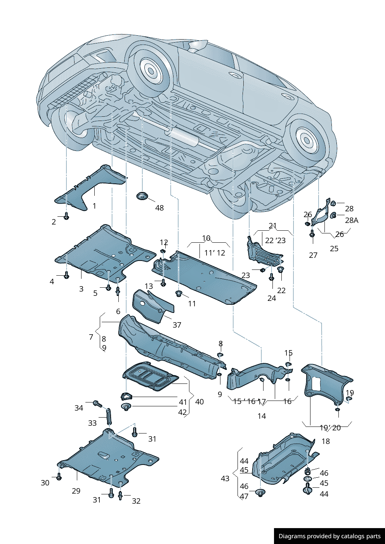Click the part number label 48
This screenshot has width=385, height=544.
point(160,208)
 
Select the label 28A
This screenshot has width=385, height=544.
point(352,220)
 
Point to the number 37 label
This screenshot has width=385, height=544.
point(177,325)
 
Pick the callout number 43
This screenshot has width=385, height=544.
point(225,478)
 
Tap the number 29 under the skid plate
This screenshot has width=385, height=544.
point(76,491)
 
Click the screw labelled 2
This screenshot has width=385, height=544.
point(66,216)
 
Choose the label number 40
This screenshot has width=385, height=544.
point(199,402)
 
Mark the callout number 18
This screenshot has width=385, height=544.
point(326,441)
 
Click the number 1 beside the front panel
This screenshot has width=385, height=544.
point(94,206)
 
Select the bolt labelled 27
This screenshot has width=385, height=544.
point(312,234)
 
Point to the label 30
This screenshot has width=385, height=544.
point(45,483)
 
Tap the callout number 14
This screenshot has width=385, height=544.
point(262,416)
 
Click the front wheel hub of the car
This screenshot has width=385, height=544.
point(151,71)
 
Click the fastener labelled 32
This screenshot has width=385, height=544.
point(120,495)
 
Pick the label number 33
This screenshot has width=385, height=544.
point(92,423)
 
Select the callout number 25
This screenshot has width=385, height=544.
point(334,249)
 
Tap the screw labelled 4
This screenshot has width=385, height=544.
point(66,276)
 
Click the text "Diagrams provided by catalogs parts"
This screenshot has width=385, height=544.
point(330,536)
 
